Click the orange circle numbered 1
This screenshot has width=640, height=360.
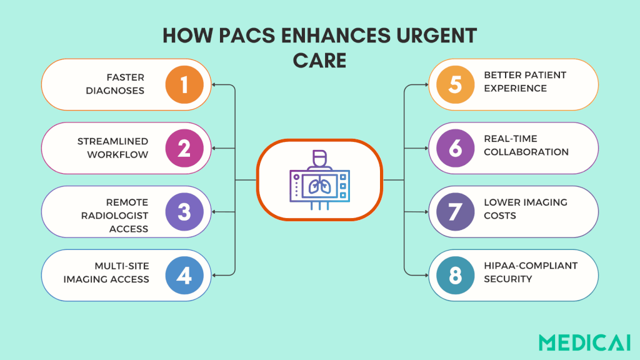point(184,84)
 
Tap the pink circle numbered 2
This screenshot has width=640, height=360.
point(184,148)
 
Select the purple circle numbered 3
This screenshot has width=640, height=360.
point(184,212)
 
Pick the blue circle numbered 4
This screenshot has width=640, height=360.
point(184,276)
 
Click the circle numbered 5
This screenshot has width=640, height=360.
point(455,84)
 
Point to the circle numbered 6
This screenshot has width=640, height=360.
point(455,147)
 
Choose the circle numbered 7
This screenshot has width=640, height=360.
point(455,211)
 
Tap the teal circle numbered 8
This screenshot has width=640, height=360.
point(455,275)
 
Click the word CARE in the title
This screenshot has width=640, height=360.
point(320,61)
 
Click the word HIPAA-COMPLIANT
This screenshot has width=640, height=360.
point(531,266)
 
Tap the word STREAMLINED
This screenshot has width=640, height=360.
point(113,141)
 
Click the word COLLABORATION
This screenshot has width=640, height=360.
point(526,152)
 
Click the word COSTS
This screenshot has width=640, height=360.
point(499,216)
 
